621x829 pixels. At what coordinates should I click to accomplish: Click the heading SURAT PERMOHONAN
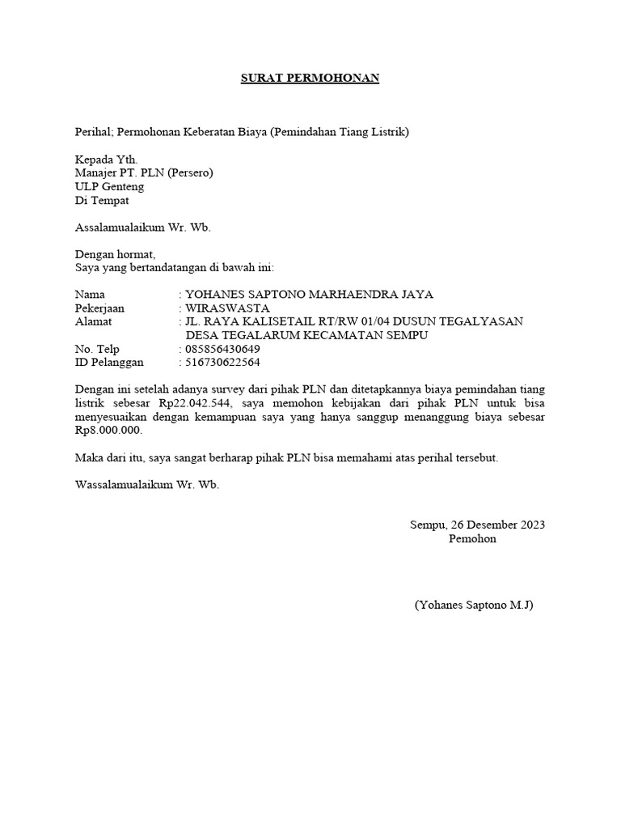[x=310, y=79]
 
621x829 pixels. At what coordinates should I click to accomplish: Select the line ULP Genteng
[x=109, y=186]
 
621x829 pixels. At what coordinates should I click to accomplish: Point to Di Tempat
[x=101, y=200]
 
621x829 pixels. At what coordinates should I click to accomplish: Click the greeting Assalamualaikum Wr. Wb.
[x=142, y=227]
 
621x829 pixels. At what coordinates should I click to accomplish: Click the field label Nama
[x=90, y=294]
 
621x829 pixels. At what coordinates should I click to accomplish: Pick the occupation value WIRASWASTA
[x=227, y=308]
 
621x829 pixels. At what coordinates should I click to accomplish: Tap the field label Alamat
[x=93, y=321]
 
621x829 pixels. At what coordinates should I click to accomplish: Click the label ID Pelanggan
[x=109, y=363]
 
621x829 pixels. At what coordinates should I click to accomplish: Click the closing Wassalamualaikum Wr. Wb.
[x=146, y=486]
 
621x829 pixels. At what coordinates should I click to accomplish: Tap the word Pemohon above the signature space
[x=472, y=538]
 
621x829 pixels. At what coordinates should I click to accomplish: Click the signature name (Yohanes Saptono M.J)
[x=473, y=605]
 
